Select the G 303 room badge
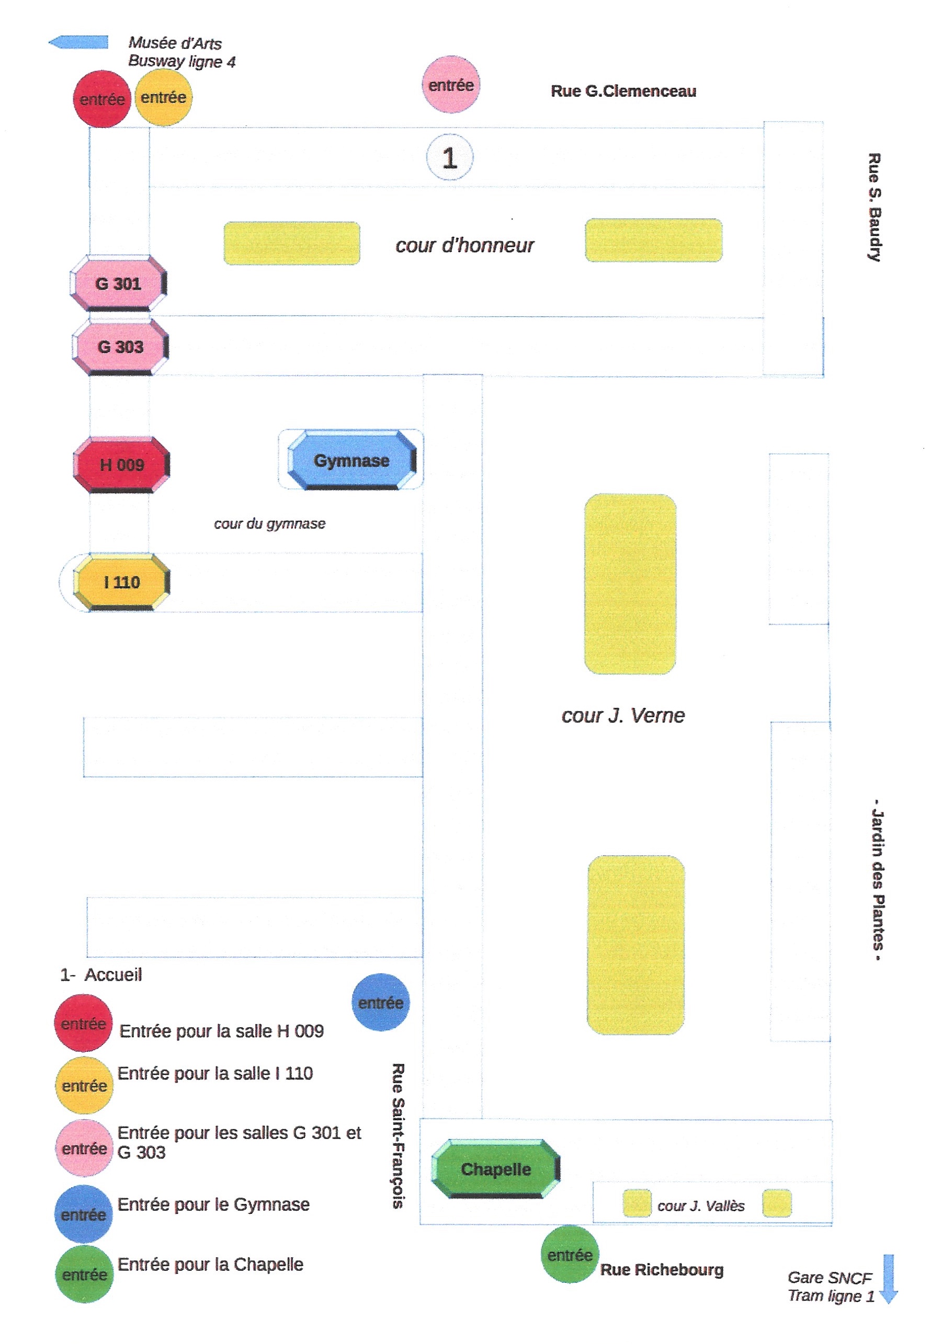coord(121,347)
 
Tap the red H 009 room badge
coord(122,465)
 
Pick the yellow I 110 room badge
coord(122,582)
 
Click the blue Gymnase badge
coord(352,460)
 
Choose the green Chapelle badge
coord(496,1168)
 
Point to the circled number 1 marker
coord(449,157)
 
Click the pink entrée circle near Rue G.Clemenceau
coord(451,85)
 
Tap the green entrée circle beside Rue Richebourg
coord(570,1255)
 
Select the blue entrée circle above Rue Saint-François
coord(380,1002)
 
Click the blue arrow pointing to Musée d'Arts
coord(78,42)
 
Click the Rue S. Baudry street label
coord(873,207)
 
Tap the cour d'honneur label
coord(464,245)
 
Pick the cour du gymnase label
coord(269,524)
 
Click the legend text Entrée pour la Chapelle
coord(211,1264)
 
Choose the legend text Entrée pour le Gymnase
coord(213,1204)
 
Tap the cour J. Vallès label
coord(701,1206)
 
